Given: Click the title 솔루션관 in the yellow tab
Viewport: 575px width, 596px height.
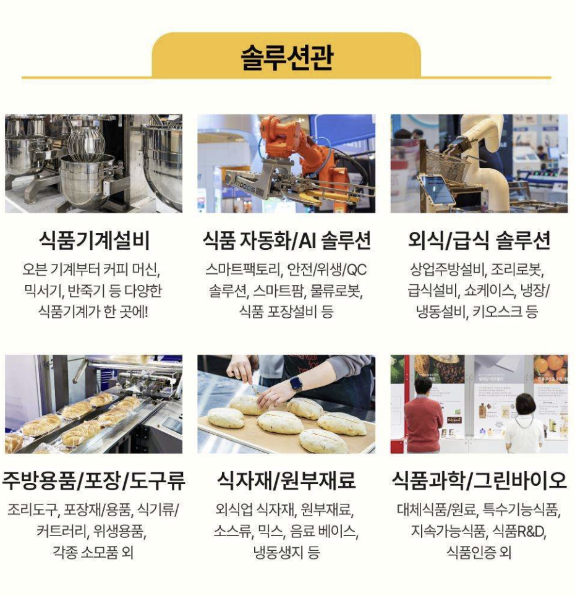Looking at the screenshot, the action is point(287,57).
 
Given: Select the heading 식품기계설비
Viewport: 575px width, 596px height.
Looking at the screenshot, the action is point(94,241).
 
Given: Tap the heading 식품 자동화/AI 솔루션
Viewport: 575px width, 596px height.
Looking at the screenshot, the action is point(286,241).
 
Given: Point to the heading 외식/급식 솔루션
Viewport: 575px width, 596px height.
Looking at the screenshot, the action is point(479,241).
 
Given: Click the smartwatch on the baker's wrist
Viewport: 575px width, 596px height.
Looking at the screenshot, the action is point(296,383).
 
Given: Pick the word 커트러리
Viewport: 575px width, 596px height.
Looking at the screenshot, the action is point(61,531).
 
